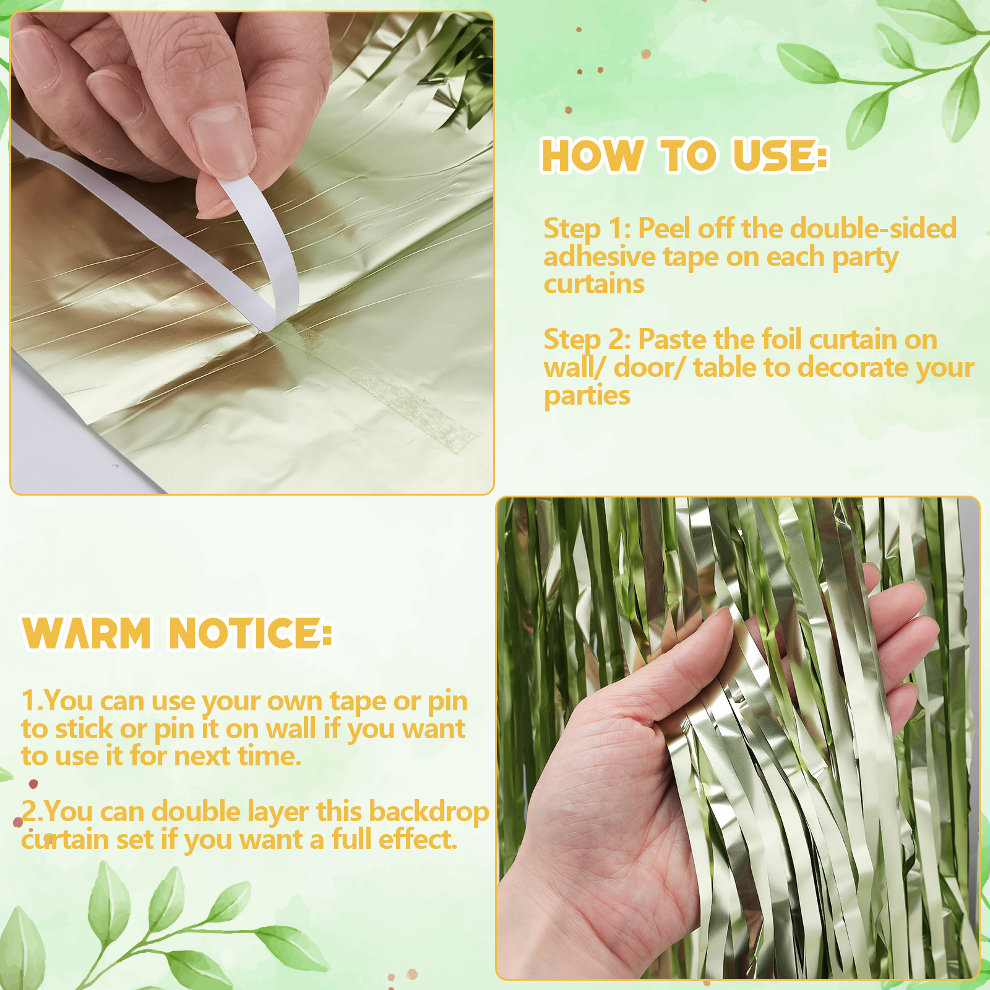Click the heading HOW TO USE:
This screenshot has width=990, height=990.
coord(684,155)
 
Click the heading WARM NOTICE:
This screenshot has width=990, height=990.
coord(178,633)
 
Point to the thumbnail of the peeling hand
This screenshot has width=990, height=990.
coord(252,253)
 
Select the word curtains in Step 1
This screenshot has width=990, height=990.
coord(594,285)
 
